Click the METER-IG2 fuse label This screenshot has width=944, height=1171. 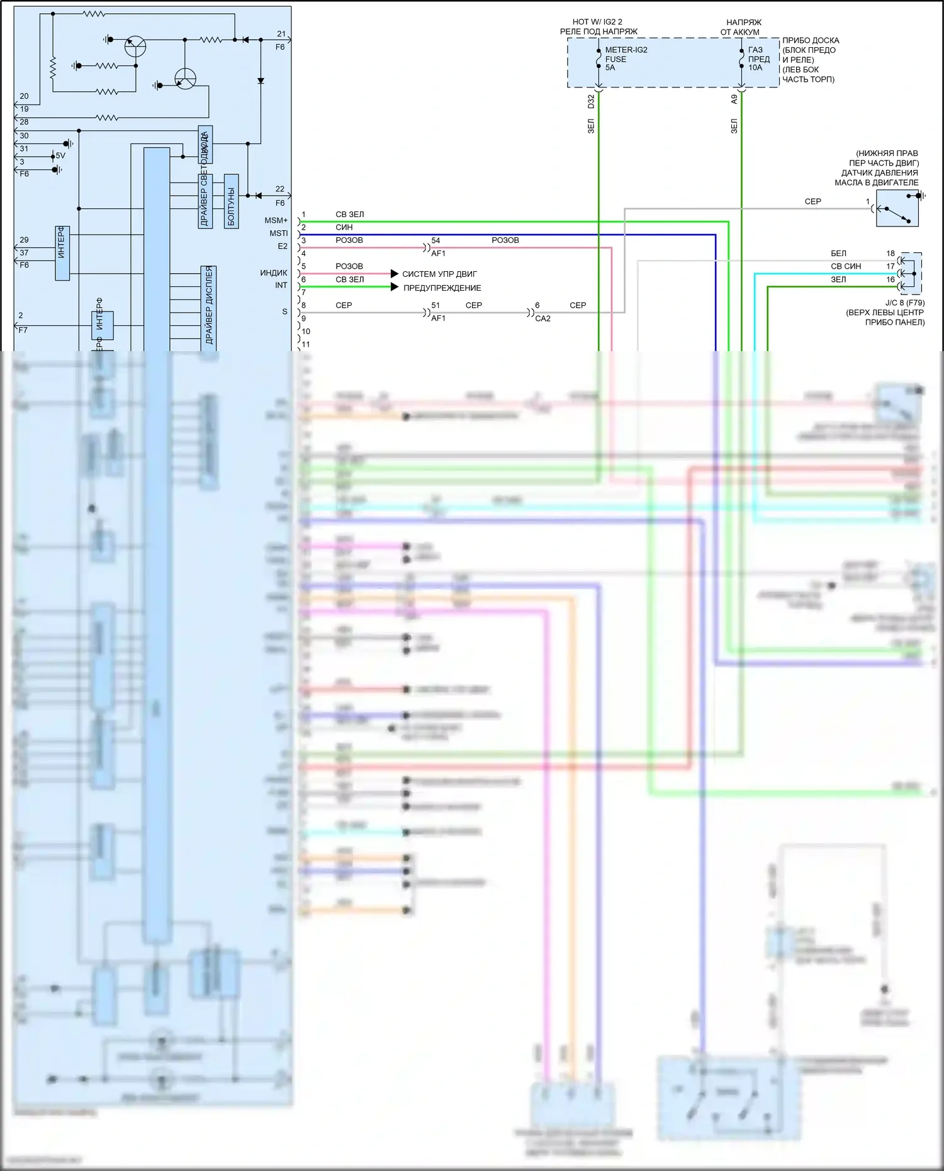(626, 50)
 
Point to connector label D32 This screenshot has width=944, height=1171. (591, 101)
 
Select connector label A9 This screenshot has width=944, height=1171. (734, 99)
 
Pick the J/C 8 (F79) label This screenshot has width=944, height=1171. (904, 303)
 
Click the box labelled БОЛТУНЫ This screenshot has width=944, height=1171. (231, 201)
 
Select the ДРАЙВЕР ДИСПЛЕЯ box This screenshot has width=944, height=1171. (209, 306)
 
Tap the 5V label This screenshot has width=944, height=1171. (60, 155)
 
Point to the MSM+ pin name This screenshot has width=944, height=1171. (276, 220)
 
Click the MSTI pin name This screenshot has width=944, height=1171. (278, 233)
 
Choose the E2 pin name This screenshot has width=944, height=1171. (283, 247)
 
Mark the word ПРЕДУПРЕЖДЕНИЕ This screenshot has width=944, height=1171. (442, 288)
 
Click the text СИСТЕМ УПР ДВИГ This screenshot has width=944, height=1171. (439, 274)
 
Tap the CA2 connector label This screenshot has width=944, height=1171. (542, 318)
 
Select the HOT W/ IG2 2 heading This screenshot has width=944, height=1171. (597, 22)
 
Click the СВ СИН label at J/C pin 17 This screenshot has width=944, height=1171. (845, 266)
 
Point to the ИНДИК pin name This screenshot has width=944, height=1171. (274, 273)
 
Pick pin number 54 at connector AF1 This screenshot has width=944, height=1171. (435, 240)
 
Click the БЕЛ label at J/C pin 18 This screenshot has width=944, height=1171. (838, 254)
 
